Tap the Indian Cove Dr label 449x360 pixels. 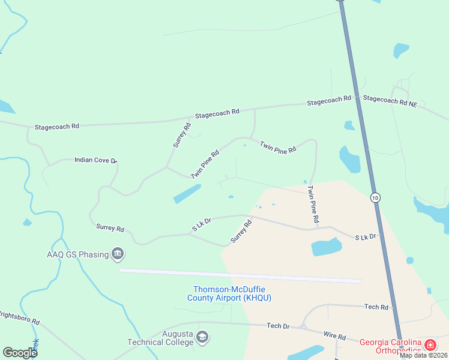[x=95, y=160]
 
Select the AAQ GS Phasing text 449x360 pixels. [x=79, y=254]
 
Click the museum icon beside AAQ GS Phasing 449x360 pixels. [x=118, y=254]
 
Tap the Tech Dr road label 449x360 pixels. [x=278, y=326]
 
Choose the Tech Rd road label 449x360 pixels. [x=376, y=307]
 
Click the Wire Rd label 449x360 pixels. [x=334, y=337]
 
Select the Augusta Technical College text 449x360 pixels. [x=160, y=338]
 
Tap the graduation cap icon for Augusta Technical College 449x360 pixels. [x=203, y=338]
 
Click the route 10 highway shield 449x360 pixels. [x=375, y=197]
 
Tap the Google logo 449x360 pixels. [x=20, y=353]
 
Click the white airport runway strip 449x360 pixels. [x=240, y=275]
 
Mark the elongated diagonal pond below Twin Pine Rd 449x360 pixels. [x=187, y=194]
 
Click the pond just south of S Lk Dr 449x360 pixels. [x=326, y=247]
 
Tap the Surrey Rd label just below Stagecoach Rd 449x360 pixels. [x=182, y=135]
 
